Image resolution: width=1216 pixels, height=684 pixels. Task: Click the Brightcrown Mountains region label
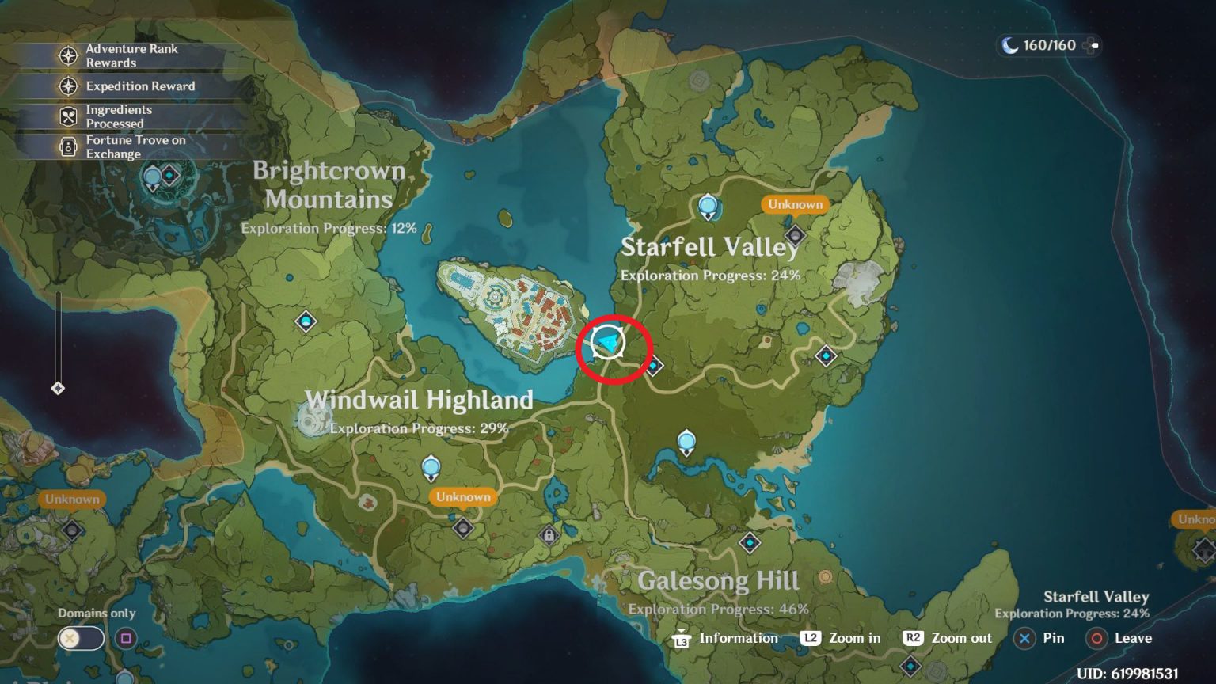pos(329,184)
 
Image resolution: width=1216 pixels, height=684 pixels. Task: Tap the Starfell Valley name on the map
pos(710,247)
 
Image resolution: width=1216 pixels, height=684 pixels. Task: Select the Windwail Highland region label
pos(419,400)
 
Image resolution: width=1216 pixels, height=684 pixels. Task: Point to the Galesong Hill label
pos(718,581)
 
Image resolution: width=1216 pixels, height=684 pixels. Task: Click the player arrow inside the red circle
pos(608,343)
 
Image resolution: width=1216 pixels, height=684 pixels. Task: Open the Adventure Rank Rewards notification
pos(131,55)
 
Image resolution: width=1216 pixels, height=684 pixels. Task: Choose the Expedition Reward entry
pos(139,86)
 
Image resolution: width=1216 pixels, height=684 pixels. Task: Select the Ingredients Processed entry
pos(118,116)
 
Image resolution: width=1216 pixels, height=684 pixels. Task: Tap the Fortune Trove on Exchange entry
pos(135,147)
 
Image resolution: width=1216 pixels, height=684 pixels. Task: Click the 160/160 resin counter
pos(1048,45)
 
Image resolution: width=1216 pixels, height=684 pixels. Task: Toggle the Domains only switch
pos(80,638)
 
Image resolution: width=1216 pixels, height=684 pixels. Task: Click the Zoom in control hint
pos(841,638)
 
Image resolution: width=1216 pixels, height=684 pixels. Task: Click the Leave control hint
pos(1120,638)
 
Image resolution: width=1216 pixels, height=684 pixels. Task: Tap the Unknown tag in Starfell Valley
pos(795,204)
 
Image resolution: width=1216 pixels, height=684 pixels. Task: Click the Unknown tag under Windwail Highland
pos(463,497)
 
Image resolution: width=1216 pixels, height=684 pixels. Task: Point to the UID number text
pos(1127,674)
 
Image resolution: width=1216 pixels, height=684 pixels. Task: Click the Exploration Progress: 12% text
pos(329,228)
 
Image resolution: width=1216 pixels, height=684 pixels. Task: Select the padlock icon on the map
pos(549,536)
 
